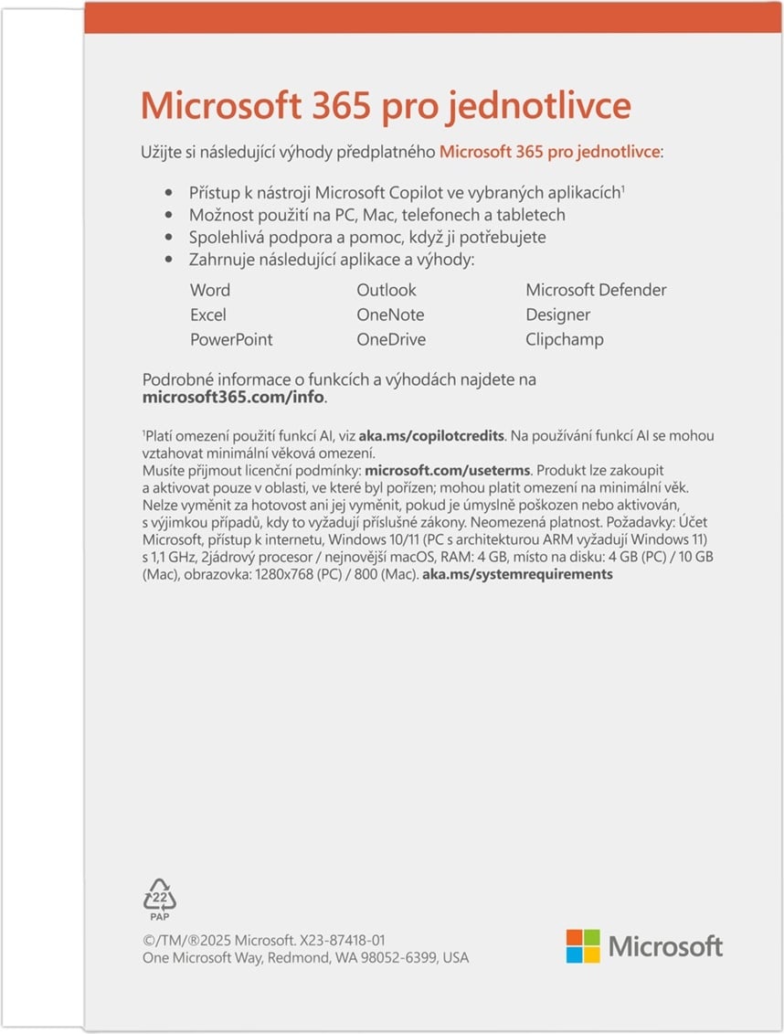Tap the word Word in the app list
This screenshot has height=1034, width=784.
click(210, 290)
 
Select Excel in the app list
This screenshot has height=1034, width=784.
click(208, 314)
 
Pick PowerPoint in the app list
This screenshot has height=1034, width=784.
click(231, 339)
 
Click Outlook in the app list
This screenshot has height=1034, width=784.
click(387, 290)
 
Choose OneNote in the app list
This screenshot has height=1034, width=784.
click(390, 314)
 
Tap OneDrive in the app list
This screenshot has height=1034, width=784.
click(391, 339)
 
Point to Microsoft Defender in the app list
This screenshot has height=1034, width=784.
click(596, 290)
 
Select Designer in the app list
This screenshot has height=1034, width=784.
click(558, 314)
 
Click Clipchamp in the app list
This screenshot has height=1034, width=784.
click(565, 339)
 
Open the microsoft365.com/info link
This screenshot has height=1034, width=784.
click(234, 398)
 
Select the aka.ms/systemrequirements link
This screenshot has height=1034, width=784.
click(517, 574)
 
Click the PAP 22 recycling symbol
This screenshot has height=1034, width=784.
click(160, 898)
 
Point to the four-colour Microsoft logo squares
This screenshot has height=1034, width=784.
click(583, 946)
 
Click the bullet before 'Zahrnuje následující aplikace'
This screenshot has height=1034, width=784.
click(167, 261)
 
